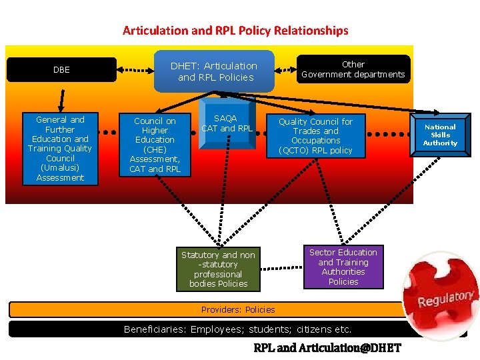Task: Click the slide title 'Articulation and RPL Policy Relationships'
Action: (x=235, y=31)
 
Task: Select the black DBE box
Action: (x=61, y=69)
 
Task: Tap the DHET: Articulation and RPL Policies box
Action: (x=214, y=71)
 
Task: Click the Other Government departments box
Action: (x=353, y=69)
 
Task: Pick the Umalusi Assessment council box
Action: (x=61, y=149)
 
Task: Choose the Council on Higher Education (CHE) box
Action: (x=155, y=145)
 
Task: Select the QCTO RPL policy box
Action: (x=315, y=136)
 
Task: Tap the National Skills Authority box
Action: (x=440, y=135)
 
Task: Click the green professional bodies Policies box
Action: (x=218, y=269)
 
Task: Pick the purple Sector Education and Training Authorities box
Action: (x=343, y=267)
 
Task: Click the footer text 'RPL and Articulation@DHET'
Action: (x=327, y=348)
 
